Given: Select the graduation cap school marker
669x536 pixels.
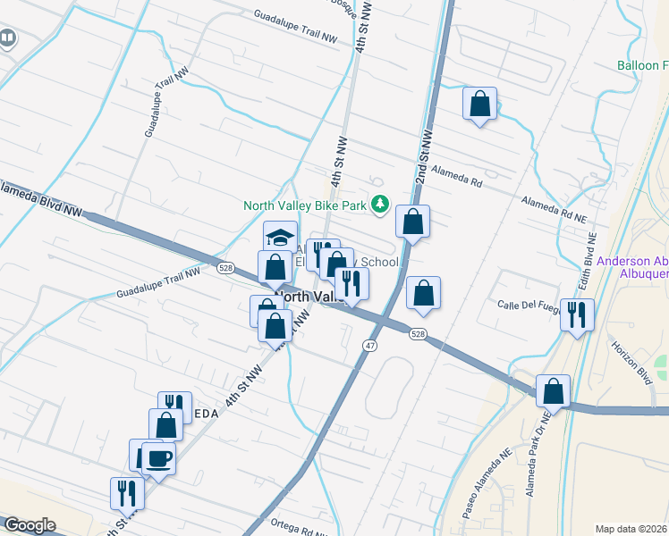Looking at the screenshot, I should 280,238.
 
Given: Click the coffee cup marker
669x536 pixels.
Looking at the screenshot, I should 159,458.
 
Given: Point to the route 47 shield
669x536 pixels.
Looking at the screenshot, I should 369,345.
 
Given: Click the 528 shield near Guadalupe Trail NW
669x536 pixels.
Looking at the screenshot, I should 225,267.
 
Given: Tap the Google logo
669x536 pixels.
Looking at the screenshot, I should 30,526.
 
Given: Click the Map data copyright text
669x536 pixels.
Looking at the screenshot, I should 631,529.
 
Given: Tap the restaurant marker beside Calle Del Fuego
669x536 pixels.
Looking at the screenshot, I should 578,314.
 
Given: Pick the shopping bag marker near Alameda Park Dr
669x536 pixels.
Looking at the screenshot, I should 554,390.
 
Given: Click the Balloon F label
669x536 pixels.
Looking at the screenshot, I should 642,65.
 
